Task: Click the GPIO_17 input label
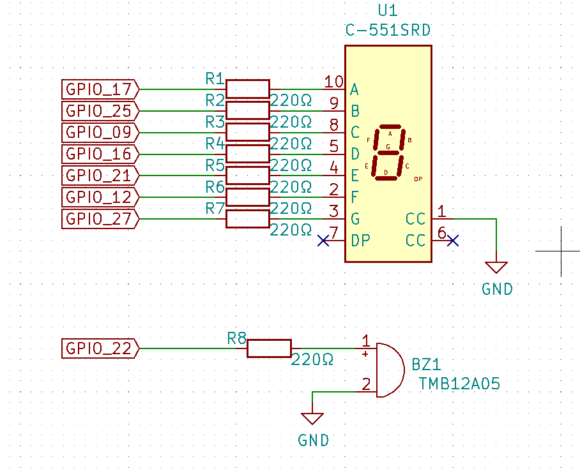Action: (x=100, y=89)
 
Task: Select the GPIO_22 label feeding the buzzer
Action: (x=100, y=348)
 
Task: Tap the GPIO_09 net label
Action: (x=100, y=132)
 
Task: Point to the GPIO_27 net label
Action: (x=100, y=219)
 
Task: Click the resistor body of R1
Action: (x=247, y=89)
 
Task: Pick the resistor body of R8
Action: (x=270, y=348)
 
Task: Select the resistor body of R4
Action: (x=247, y=154)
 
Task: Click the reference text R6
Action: (x=215, y=188)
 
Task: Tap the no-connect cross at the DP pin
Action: (x=323, y=241)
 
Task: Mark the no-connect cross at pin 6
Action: (x=453, y=241)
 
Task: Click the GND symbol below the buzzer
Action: (x=312, y=419)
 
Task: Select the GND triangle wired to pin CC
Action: (x=496, y=267)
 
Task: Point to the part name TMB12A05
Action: (x=459, y=384)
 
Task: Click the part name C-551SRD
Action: (x=388, y=31)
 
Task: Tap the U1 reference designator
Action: (x=388, y=10)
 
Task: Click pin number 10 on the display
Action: (x=333, y=82)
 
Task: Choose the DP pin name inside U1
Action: (x=360, y=241)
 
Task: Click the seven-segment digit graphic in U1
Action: (x=388, y=153)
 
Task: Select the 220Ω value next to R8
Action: (x=312, y=359)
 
